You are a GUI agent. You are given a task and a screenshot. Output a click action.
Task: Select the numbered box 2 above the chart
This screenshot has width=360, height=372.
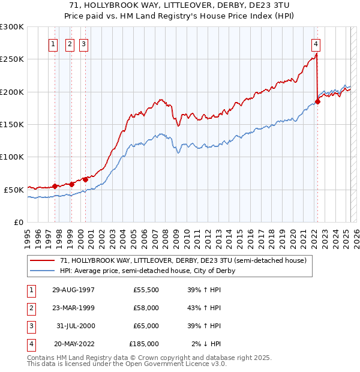click(x=70, y=43)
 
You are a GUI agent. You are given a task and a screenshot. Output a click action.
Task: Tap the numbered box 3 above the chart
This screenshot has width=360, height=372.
click(x=84, y=43)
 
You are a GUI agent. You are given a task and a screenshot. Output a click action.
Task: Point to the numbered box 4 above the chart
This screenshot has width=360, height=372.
click(x=316, y=43)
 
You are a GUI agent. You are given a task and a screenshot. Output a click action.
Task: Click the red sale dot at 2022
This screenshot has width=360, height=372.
click(x=318, y=101)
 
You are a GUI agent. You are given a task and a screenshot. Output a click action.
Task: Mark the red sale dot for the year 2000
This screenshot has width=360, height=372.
click(x=86, y=179)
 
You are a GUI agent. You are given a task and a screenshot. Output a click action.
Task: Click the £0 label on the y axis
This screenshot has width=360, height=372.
click(x=19, y=222)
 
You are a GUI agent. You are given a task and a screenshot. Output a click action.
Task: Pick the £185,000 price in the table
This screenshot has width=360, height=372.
click(x=144, y=344)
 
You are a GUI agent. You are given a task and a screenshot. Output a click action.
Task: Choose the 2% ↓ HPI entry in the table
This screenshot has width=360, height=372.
click(x=207, y=344)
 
